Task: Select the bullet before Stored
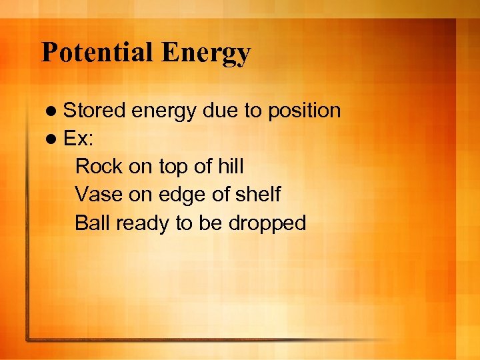click(x=53, y=111)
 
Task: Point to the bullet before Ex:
click(x=53, y=139)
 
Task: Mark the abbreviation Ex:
click(x=79, y=139)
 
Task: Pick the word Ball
click(x=93, y=223)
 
